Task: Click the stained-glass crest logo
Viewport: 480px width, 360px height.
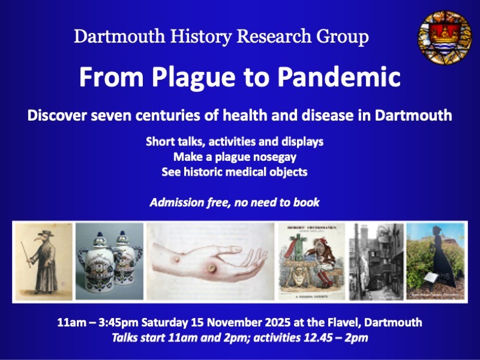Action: click(445, 38)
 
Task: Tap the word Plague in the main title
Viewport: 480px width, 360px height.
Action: click(188, 77)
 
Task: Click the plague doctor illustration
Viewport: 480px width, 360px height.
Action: click(42, 261)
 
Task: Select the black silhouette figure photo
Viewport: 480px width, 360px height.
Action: click(436, 261)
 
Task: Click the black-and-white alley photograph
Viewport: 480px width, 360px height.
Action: click(376, 261)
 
